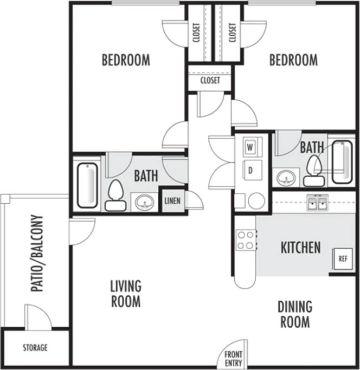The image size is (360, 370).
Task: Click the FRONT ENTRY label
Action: [233, 359]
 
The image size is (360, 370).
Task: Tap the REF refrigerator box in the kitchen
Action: [342, 258]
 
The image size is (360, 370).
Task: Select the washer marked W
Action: [251, 147]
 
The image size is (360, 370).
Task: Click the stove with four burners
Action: [246, 240]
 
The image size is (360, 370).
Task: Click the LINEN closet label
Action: [172, 200]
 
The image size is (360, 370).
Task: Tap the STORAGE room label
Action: [35, 347]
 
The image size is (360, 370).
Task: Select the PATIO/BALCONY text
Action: [36, 254]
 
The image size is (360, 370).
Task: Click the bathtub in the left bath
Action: [88, 186]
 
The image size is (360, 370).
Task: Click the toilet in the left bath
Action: [115, 194]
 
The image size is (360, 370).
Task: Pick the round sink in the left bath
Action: [144, 203]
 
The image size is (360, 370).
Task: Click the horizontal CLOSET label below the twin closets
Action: [210, 81]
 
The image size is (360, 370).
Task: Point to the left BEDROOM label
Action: [126, 60]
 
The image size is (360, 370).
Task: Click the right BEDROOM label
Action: [293, 60]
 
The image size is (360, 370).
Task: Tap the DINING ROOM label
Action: [295, 314]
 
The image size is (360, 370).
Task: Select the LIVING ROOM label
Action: [126, 293]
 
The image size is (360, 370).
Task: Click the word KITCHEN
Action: [300, 248]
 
